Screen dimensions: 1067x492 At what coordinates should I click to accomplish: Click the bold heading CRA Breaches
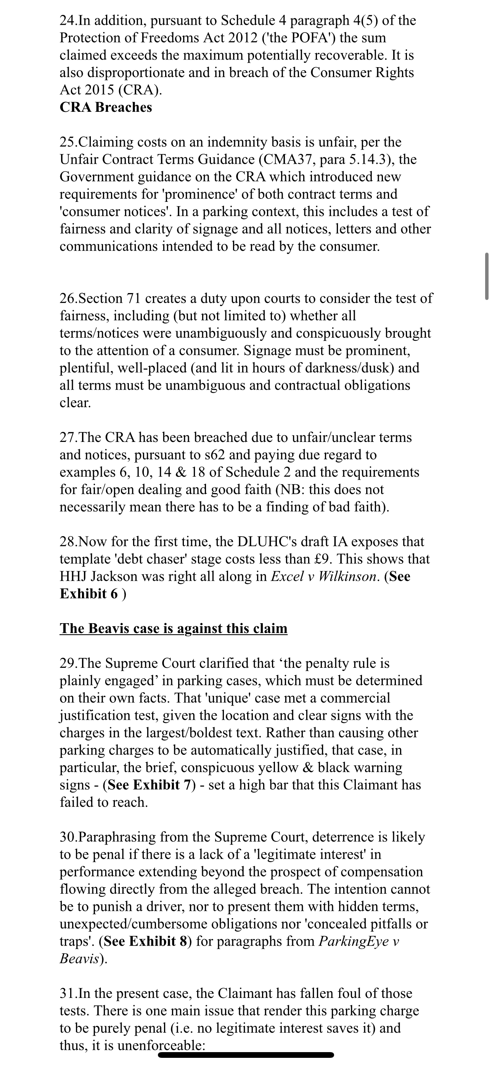pyautogui.click(x=106, y=107)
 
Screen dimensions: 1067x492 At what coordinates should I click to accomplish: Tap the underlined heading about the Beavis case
pyautogui.click(x=174, y=629)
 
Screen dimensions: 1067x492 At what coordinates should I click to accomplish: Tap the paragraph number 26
pyautogui.click(x=68, y=298)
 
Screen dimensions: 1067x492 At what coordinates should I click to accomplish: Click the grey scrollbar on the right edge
pyautogui.click(x=487, y=276)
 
